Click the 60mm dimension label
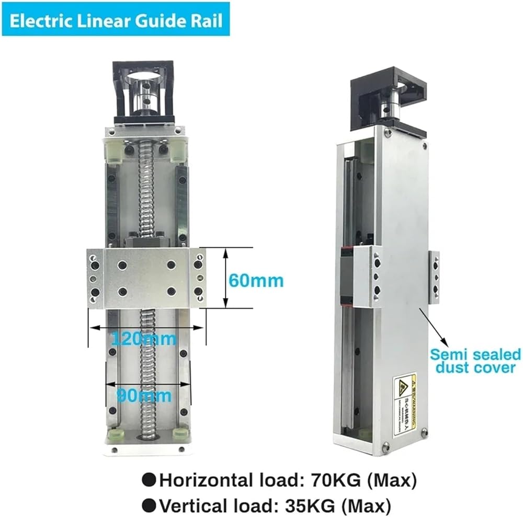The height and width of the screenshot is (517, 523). coord(256,281)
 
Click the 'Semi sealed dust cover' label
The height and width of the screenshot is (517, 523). coord(474,361)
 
